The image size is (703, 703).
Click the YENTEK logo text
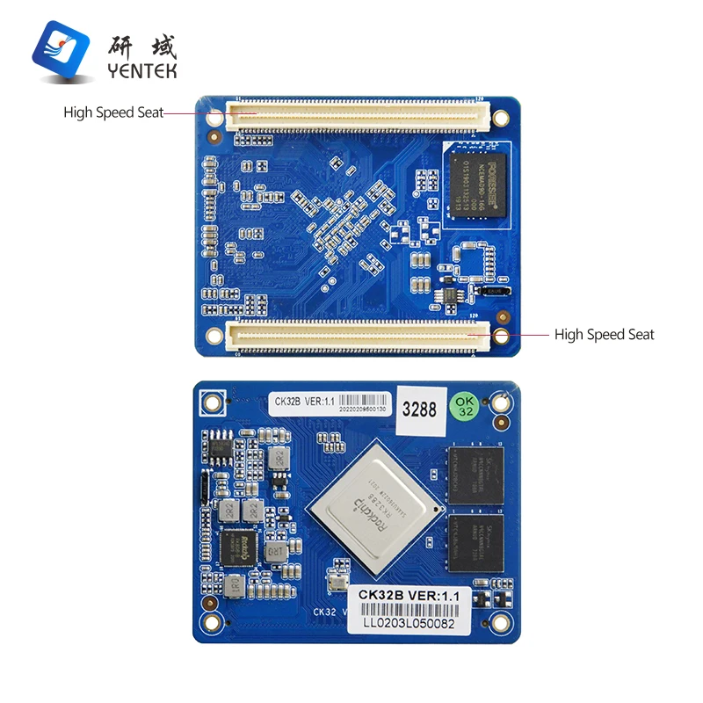(141, 70)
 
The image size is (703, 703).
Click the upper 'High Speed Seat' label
(112, 112)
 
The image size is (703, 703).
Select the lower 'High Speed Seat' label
(604, 334)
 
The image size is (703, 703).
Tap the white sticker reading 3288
(419, 409)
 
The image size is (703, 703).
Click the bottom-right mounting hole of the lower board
(500, 623)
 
